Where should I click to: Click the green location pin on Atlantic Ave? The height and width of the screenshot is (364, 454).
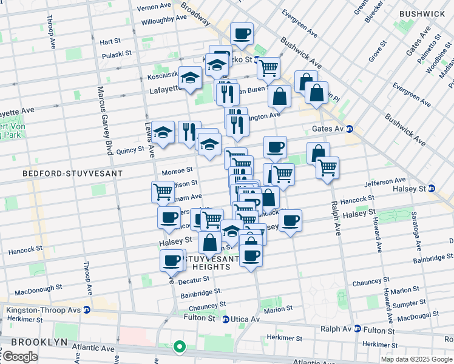[x=179, y=347]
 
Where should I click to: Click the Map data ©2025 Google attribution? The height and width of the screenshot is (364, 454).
[x=416, y=359]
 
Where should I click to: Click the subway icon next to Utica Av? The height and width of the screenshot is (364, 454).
[x=225, y=319]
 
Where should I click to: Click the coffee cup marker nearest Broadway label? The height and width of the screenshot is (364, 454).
[x=242, y=34]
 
